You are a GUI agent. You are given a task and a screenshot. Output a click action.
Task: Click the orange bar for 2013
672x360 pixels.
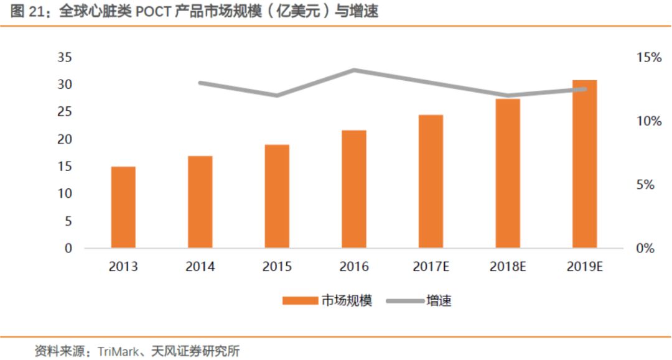[123, 207]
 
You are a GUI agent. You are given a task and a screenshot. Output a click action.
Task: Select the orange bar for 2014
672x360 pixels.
[200, 201]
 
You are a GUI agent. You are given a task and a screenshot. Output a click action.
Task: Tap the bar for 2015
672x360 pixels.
[277, 196]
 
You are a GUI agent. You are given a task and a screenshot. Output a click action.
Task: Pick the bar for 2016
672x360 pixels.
[354, 189]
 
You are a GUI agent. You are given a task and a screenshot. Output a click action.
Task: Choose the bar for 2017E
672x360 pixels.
[431, 181]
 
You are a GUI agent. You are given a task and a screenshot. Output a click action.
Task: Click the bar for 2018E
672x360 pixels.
[508, 173]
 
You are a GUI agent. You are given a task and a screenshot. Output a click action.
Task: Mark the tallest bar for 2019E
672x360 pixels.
[585, 164]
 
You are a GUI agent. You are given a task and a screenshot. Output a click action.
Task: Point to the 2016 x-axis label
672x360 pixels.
[354, 267]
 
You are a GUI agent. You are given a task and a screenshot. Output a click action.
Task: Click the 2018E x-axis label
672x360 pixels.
[508, 267]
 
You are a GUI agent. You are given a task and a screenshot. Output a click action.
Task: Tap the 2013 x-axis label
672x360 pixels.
[123, 267]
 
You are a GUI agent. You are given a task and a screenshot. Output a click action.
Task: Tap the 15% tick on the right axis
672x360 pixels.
[649, 58]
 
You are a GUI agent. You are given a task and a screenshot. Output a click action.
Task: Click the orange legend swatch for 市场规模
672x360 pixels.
[300, 302]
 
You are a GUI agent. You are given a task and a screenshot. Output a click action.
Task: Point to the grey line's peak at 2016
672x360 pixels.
[354, 70]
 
